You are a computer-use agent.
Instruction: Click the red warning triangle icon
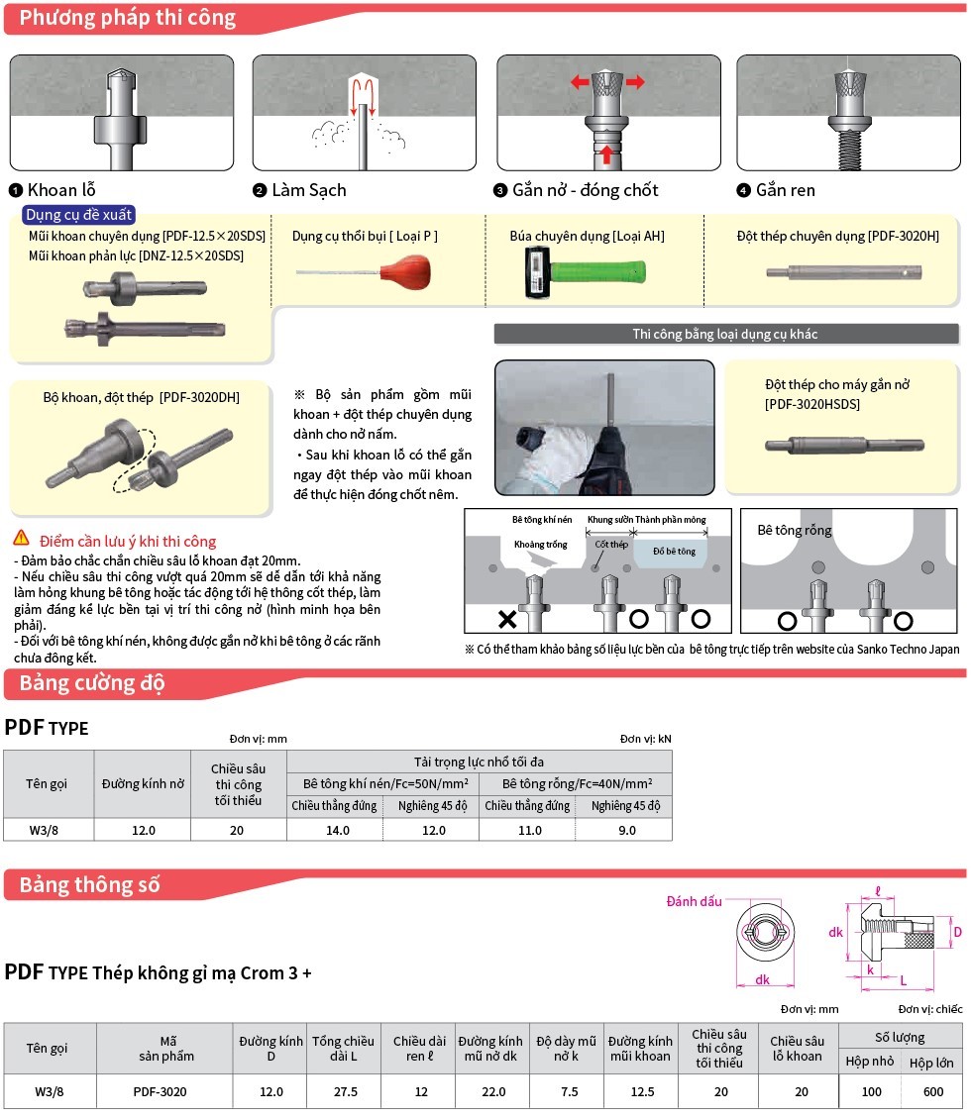(x=21, y=539)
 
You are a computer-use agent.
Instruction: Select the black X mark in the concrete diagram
(x=507, y=620)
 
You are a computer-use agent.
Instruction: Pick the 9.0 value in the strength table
(x=626, y=830)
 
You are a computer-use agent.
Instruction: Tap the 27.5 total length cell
(x=343, y=1091)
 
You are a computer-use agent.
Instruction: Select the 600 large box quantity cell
(x=931, y=1091)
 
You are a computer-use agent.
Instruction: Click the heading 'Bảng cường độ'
(x=91, y=683)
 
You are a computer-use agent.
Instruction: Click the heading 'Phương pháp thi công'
(x=127, y=18)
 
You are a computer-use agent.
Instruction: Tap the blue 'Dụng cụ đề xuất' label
(x=79, y=214)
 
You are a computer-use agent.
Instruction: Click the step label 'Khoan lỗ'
(x=61, y=190)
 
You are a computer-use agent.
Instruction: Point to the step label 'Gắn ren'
(x=785, y=190)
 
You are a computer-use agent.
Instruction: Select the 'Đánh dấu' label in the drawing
(x=694, y=901)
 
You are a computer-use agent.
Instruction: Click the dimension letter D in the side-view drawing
(x=957, y=932)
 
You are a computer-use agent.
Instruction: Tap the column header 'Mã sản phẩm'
(x=164, y=1048)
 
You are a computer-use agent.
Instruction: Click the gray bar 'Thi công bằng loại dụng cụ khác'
(x=725, y=334)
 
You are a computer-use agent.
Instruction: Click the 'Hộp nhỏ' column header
(x=869, y=1061)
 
